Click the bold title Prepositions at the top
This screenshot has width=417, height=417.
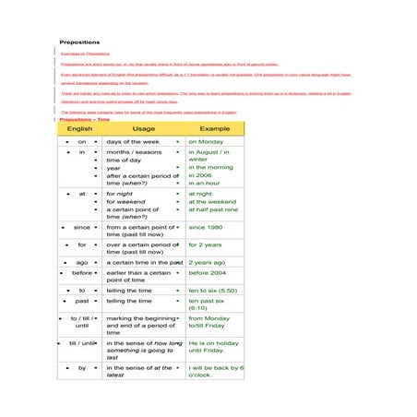79,42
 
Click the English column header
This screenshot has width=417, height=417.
79,128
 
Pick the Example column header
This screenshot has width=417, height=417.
214,128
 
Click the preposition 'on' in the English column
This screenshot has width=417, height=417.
82,142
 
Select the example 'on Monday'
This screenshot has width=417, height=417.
206,142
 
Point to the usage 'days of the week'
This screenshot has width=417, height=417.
134,142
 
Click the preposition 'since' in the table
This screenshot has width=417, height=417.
82,227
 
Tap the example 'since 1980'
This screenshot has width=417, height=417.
205,227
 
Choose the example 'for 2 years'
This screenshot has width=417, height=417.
205,245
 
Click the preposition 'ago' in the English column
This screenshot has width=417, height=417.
82,263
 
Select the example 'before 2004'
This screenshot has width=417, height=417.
208,273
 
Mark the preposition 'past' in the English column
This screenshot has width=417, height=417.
82,301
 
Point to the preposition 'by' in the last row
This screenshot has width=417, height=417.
82,367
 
